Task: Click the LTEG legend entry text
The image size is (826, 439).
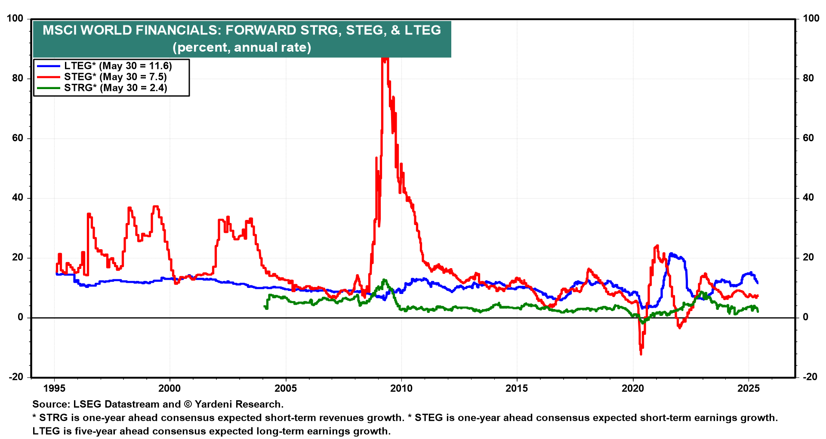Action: [x=118, y=66]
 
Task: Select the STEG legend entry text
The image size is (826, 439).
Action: [x=115, y=77]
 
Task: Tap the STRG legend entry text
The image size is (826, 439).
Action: [x=115, y=88]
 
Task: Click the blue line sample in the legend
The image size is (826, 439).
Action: [x=48, y=66]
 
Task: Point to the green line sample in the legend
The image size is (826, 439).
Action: [x=48, y=88]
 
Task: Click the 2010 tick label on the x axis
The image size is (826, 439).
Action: [x=401, y=389]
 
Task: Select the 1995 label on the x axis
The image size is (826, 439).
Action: [x=54, y=389]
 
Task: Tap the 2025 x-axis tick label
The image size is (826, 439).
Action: [x=749, y=389]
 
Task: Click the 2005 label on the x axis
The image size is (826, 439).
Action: [x=286, y=389]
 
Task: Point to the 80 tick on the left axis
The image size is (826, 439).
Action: [x=18, y=78]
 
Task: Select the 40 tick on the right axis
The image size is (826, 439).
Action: [x=808, y=198]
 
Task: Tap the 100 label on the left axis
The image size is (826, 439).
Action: [x=15, y=19]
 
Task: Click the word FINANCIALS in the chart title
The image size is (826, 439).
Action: [x=179, y=30]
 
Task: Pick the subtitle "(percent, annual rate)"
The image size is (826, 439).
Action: [x=242, y=47]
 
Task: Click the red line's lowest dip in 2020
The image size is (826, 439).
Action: [x=641, y=353]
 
